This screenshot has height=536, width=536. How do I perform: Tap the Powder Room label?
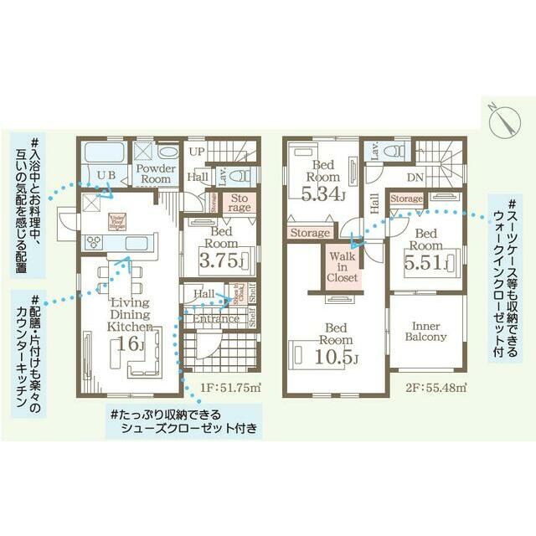[x=155, y=173]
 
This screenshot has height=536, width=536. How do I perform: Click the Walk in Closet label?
[x=343, y=265]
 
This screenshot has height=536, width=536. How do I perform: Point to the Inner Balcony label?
[x=426, y=331]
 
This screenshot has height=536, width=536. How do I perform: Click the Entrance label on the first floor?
[x=216, y=319]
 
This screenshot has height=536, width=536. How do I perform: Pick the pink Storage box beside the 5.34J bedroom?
[x=309, y=232]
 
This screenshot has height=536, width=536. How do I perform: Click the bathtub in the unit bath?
[x=103, y=153]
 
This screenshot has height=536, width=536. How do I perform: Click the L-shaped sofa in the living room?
[x=143, y=359]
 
